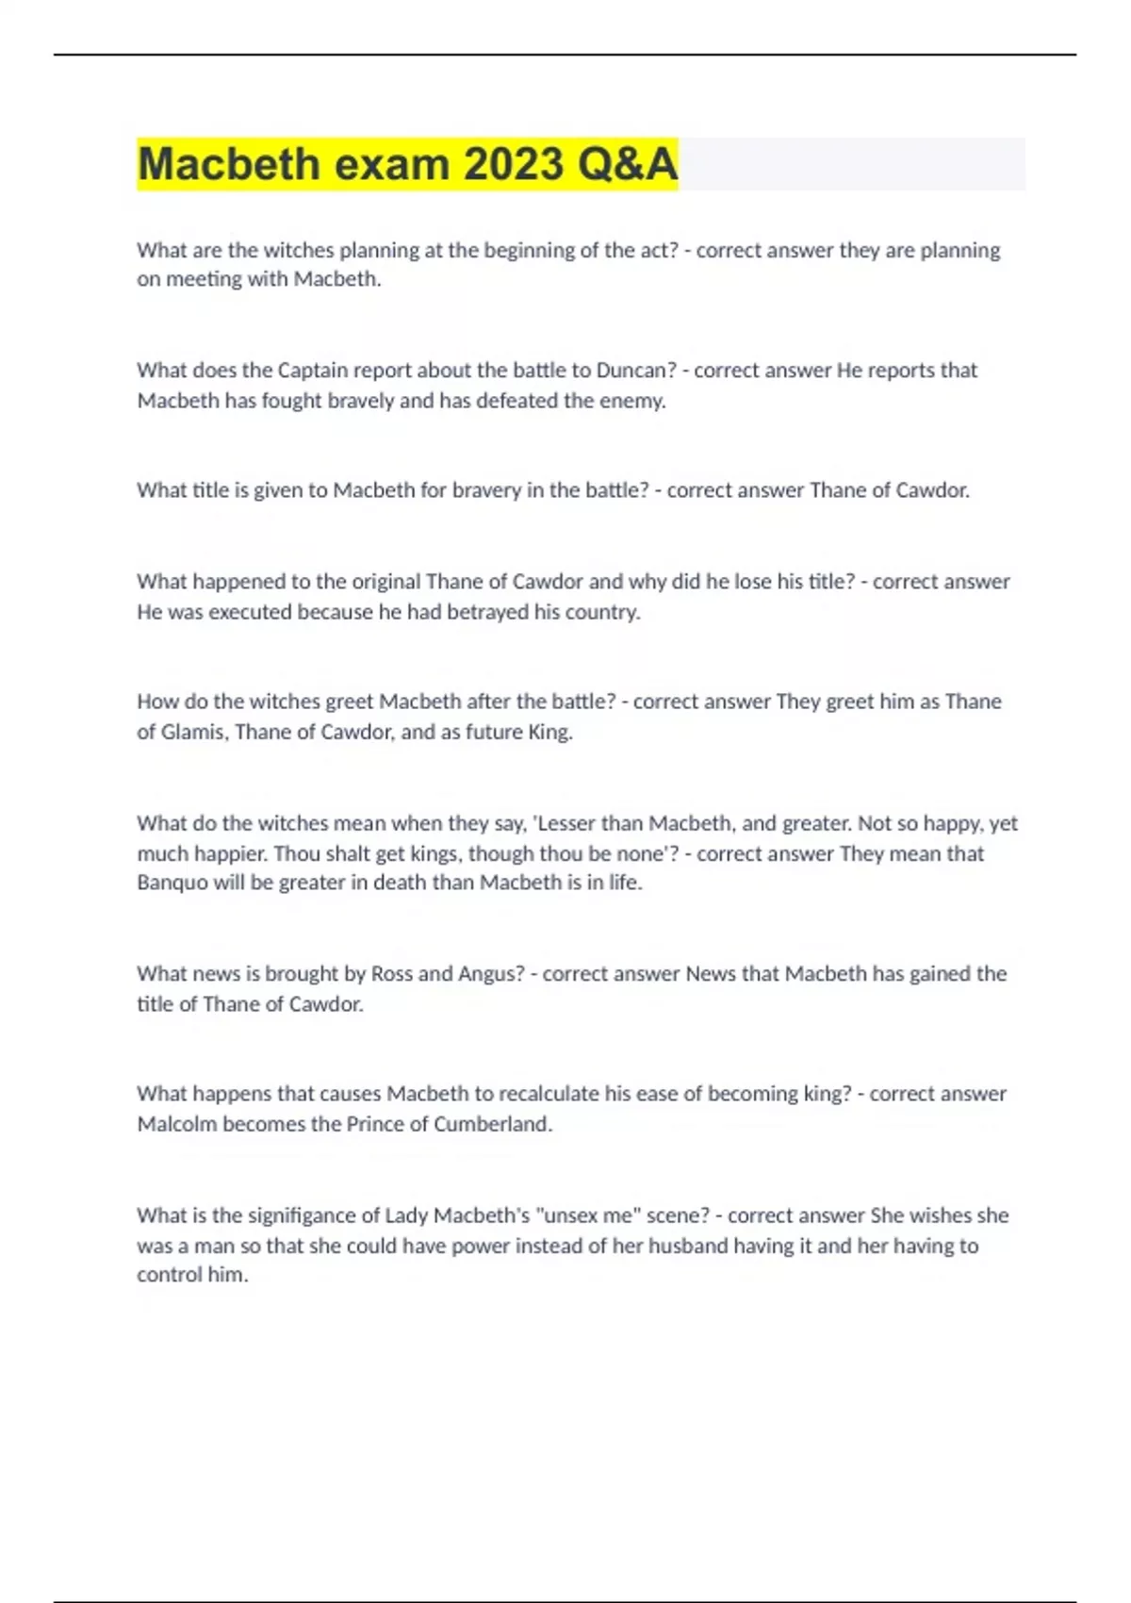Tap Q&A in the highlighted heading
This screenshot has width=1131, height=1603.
coord(627,164)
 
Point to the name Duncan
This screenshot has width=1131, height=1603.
coord(631,370)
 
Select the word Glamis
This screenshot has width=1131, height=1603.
coord(192,732)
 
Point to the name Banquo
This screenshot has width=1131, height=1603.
coord(172,883)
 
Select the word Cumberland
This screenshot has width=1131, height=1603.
coord(491,1124)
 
